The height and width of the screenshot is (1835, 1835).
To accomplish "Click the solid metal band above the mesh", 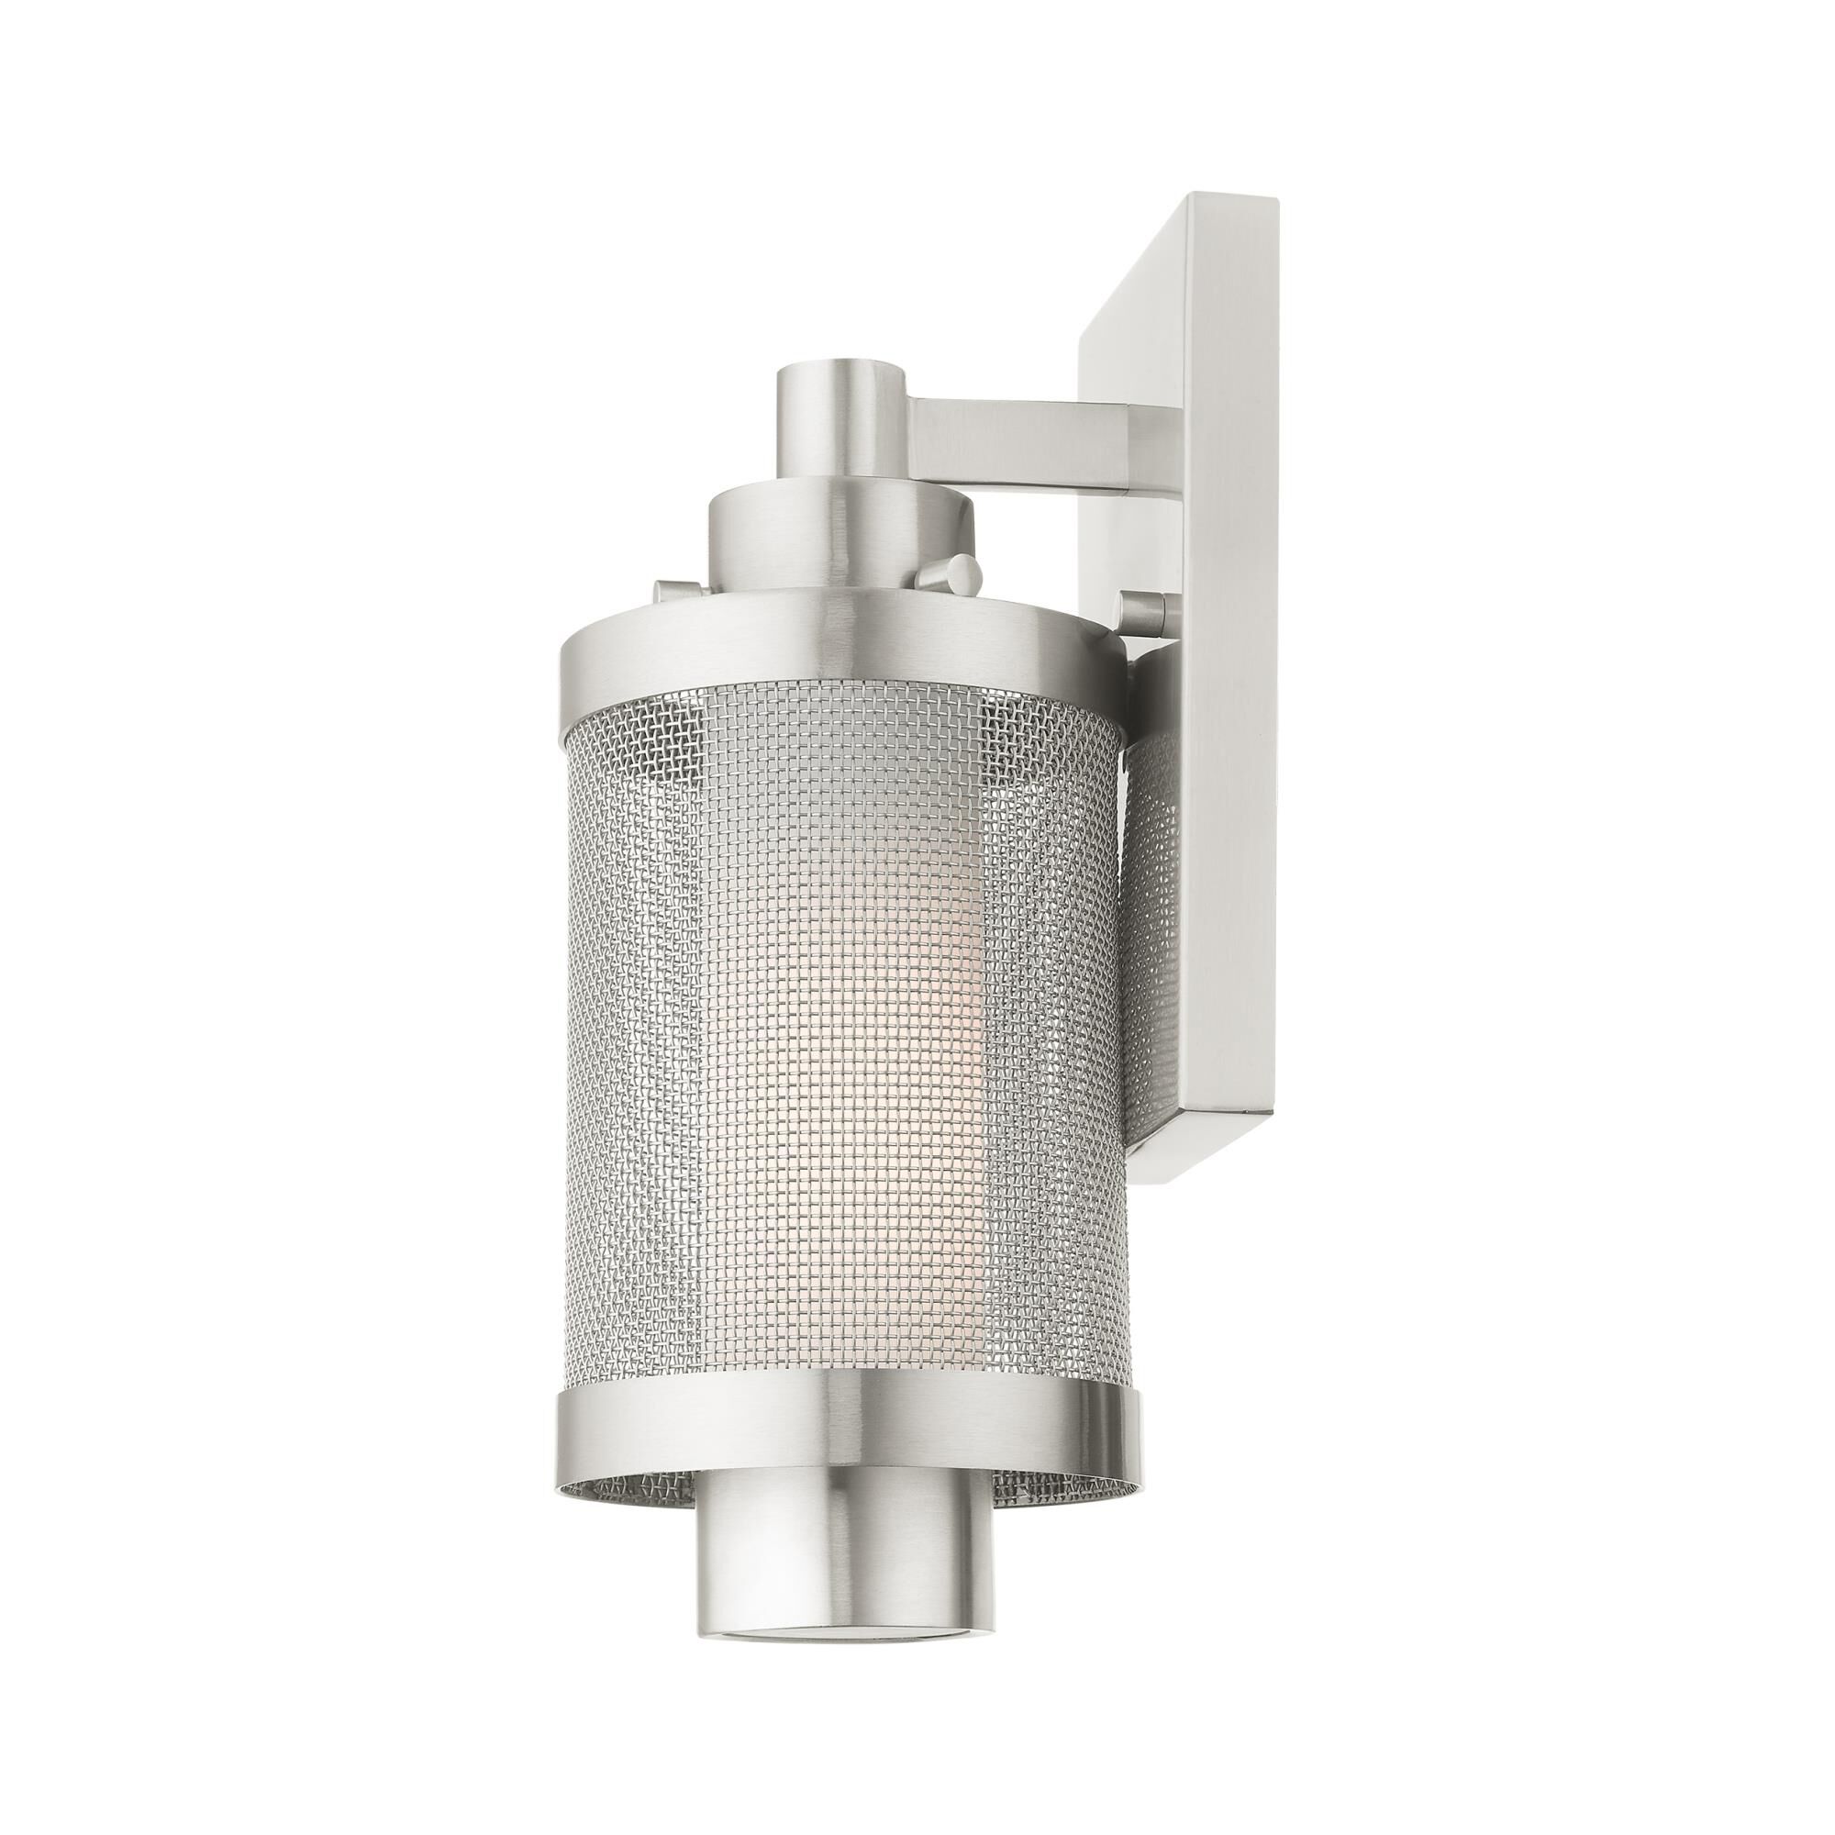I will pyautogui.click(x=845, y=655).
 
